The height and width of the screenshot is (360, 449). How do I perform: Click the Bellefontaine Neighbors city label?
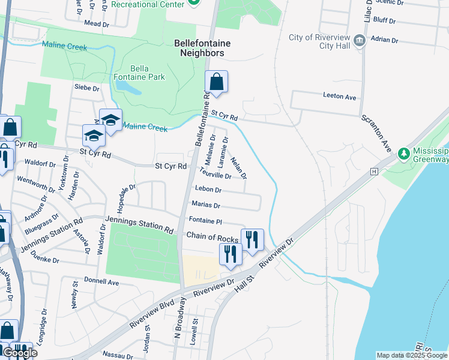(199, 48)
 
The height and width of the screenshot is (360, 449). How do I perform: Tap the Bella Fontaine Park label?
(139, 73)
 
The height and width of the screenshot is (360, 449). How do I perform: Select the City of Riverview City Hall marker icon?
(360, 41)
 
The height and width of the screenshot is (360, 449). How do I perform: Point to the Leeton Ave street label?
(340, 97)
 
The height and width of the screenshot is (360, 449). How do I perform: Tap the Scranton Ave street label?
(376, 133)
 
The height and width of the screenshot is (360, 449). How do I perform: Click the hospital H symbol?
(375, 171)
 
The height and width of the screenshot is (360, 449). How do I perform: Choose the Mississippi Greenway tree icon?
(404, 154)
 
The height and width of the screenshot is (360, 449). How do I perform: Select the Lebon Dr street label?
(204, 190)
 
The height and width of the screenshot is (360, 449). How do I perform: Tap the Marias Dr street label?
(206, 205)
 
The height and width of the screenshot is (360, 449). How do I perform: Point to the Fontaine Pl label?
(206, 221)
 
